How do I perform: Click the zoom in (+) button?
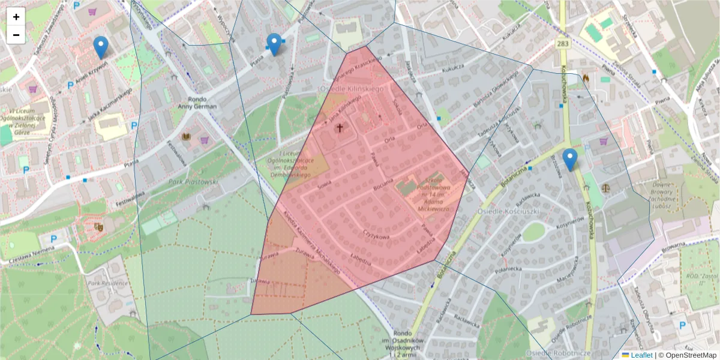click(16, 17)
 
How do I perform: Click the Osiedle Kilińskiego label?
click(350, 89)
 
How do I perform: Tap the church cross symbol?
click(340, 127)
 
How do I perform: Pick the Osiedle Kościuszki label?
click(506, 211)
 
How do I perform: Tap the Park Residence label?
click(107, 283)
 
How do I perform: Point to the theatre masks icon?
click(99, 227)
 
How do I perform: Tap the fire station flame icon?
click(586, 77)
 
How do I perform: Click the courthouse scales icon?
click(605, 188)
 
